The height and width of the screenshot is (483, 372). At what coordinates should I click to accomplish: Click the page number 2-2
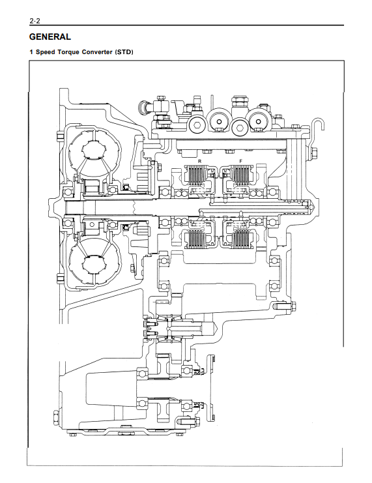tap(35, 21)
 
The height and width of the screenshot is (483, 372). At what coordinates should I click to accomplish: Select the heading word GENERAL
tap(50, 37)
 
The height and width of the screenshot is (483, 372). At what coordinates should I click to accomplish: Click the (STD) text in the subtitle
tap(124, 52)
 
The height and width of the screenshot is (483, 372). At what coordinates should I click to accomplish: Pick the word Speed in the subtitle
tap(45, 52)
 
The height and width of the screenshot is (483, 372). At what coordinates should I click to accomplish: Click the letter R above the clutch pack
tap(199, 161)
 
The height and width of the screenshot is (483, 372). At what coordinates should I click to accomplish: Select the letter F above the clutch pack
tap(241, 161)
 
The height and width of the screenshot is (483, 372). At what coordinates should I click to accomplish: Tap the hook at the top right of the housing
tap(318, 131)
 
